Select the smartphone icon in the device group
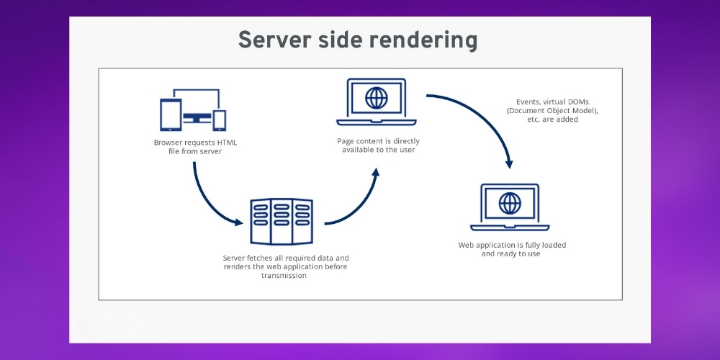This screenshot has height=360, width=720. (x=220, y=120)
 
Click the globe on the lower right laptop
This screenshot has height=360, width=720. (x=510, y=202)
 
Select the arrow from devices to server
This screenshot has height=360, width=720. (x=208, y=202)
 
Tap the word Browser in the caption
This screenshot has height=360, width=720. (x=168, y=143)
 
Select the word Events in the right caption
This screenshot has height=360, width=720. (x=528, y=102)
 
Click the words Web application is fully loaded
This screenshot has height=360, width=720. (x=512, y=245)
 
